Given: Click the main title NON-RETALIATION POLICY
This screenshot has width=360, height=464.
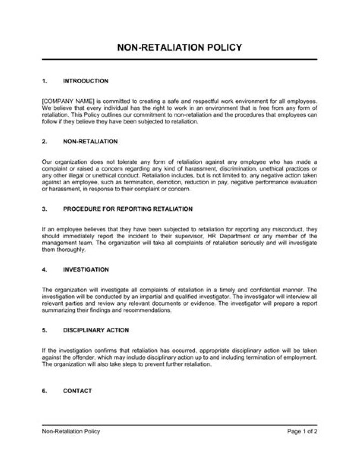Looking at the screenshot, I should pyautogui.click(x=179, y=48).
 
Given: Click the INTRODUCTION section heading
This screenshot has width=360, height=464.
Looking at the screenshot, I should pyautogui.click(x=86, y=81).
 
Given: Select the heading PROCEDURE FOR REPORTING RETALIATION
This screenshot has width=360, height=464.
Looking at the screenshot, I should pyautogui.click(x=128, y=209).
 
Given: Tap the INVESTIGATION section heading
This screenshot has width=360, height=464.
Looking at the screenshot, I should pyautogui.click(x=86, y=270).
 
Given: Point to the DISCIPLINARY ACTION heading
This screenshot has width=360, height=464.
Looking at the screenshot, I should pyautogui.click(x=96, y=330).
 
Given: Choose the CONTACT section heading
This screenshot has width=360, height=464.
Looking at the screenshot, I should pyautogui.click(x=77, y=391).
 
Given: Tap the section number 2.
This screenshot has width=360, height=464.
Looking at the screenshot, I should pyautogui.click(x=44, y=142).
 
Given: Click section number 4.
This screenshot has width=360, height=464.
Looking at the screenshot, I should pyautogui.click(x=44, y=270).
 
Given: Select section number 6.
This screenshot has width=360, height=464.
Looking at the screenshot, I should pyautogui.click(x=44, y=391).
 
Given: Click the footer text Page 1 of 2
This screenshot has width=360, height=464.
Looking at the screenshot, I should pyautogui.click(x=302, y=432).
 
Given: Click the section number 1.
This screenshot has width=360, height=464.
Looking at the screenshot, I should pyautogui.click(x=44, y=81).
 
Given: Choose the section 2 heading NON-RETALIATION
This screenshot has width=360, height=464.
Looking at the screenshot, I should pyautogui.click(x=91, y=142).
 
